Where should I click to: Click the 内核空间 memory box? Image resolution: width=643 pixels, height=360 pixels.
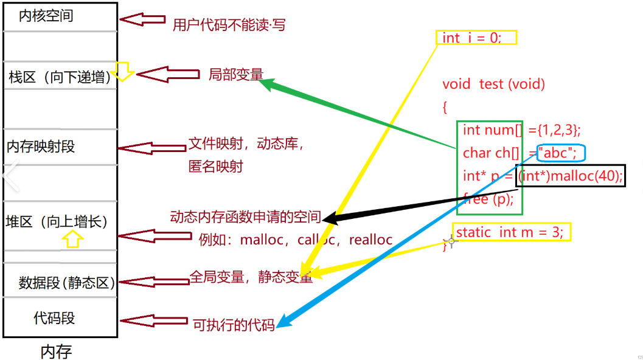[x=60, y=16]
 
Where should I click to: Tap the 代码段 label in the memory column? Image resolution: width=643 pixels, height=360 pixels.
[x=54, y=318]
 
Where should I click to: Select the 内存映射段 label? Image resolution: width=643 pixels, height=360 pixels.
[x=41, y=147]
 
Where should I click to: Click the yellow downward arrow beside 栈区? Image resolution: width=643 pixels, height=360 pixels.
[x=123, y=71]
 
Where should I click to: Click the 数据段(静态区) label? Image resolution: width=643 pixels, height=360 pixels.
[x=66, y=282]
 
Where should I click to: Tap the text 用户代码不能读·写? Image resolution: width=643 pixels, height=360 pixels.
[x=229, y=25]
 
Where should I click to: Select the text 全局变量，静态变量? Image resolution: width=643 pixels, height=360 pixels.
[x=251, y=277]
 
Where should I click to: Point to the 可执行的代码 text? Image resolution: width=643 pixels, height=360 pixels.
[x=234, y=325]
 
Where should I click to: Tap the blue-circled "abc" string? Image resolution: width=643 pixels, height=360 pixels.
[x=561, y=153]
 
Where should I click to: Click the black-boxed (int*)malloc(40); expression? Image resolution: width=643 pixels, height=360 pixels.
[x=570, y=176]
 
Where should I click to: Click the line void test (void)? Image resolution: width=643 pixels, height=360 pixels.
[x=493, y=84]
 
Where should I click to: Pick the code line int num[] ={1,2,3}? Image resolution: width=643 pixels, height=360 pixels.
[x=521, y=130]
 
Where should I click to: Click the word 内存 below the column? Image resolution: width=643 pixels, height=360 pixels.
[x=56, y=351]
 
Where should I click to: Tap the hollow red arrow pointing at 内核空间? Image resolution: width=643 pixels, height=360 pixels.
[x=142, y=19]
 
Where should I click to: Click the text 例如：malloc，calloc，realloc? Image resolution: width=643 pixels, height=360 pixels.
[x=296, y=240]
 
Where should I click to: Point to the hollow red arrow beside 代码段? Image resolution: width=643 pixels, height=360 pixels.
[x=154, y=320]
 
